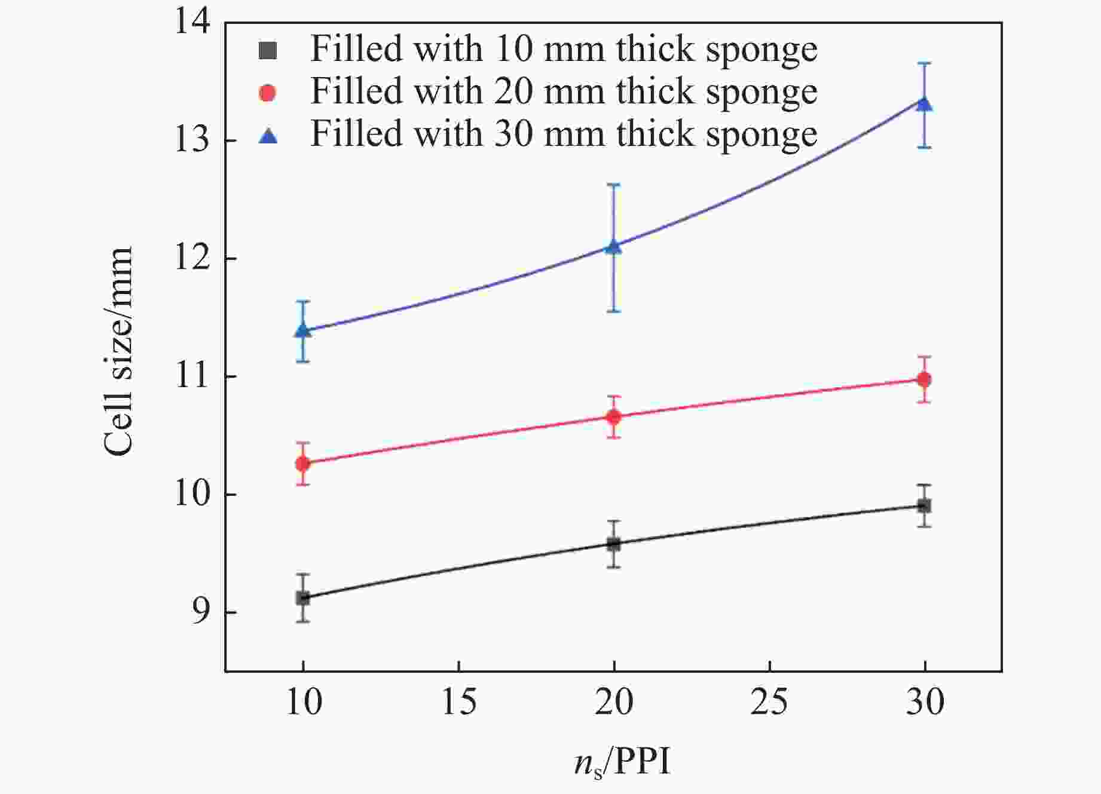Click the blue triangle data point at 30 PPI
(x=925, y=105)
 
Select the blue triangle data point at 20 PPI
(x=614, y=246)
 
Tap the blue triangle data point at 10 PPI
(x=303, y=330)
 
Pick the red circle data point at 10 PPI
(x=303, y=463)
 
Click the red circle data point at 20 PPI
(x=614, y=416)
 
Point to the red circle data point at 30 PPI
(x=925, y=379)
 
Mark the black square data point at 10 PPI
(x=303, y=597)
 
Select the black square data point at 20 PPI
(x=614, y=544)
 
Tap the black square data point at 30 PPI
(x=925, y=506)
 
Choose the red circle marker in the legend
(x=268, y=93)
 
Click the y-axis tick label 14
(x=192, y=23)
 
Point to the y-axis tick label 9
(x=201, y=613)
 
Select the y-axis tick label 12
(x=192, y=259)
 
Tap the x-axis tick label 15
(x=458, y=702)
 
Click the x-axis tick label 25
(x=769, y=702)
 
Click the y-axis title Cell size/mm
(x=118, y=352)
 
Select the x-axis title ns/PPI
(x=622, y=763)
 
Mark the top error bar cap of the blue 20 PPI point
(x=614, y=185)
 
